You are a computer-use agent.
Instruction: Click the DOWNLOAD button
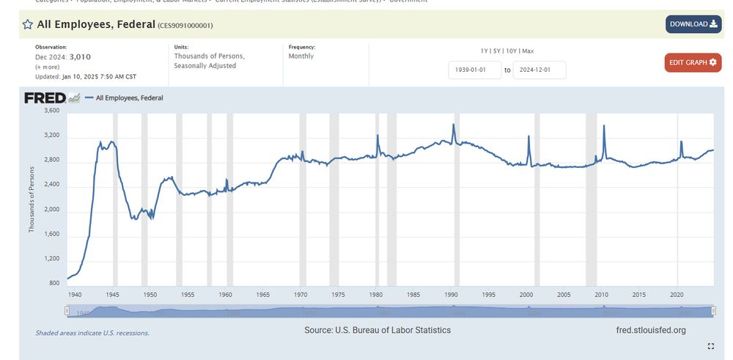pyautogui.click(x=693, y=24)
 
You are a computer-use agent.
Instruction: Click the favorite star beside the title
pyautogui.click(x=28, y=25)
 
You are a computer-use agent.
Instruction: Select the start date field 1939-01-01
pyautogui.click(x=474, y=70)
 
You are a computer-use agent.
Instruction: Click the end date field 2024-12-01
pyautogui.click(x=539, y=70)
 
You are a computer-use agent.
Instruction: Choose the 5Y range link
pyautogui.click(x=497, y=51)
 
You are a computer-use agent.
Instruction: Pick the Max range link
pyautogui.click(x=528, y=51)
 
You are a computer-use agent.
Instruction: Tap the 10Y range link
pyautogui.click(x=511, y=51)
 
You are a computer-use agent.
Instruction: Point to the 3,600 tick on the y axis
pyautogui.click(x=51, y=111)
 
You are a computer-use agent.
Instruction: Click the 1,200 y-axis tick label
pyautogui.click(x=51, y=259)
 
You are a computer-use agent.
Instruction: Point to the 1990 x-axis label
pyautogui.click(x=451, y=295)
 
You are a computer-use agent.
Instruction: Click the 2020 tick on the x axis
pyautogui.click(x=677, y=295)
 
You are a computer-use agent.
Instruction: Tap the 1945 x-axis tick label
pyautogui.click(x=112, y=295)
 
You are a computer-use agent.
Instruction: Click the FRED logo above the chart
pyautogui.click(x=45, y=98)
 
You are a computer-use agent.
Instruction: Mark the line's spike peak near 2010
pyautogui.click(x=604, y=126)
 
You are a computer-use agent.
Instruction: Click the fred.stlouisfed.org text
pyautogui.click(x=652, y=331)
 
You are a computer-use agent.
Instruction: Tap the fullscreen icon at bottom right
pyautogui.click(x=710, y=346)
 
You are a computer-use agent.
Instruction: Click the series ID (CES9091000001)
pyautogui.click(x=185, y=26)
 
